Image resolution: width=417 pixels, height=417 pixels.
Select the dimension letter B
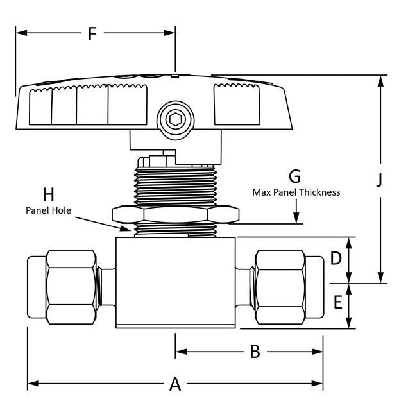(255, 352)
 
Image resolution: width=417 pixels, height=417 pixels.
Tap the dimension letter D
(335, 259)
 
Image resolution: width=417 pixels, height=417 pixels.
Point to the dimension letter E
(337, 303)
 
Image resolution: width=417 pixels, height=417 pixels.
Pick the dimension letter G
(295, 176)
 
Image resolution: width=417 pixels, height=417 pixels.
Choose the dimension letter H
(48, 194)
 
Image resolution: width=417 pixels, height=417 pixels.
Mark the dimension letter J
(380, 180)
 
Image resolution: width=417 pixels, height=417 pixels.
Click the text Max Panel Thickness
(296, 192)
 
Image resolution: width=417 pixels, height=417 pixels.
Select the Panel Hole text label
(48, 210)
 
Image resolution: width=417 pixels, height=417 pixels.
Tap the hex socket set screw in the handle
(174, 120)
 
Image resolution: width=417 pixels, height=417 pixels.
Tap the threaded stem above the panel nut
(174, 183)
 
